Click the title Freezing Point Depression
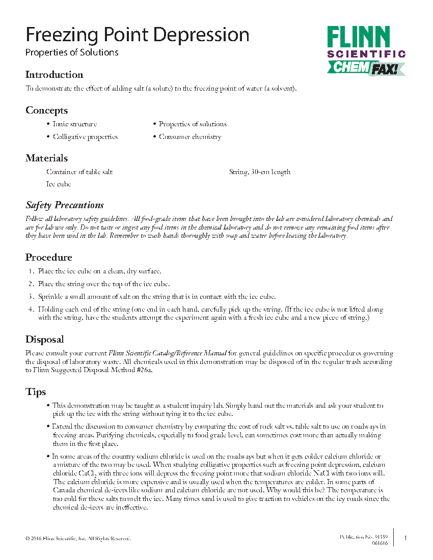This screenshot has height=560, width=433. pos(138,35)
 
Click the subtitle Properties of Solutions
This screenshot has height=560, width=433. pos(72,52)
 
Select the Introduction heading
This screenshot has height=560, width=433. pos(55,75)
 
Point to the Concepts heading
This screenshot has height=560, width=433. pos(47,110)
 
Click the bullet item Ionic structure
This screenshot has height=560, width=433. pos(74,124)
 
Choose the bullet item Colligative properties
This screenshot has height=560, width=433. pos(85,137)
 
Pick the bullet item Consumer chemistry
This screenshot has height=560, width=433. pos(190,137)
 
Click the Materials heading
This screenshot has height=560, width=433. pos(47,158)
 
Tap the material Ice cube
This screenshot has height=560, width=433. pos(59,184)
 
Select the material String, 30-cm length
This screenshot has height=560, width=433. pos(260,172)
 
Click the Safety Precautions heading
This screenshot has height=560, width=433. pos(65,205)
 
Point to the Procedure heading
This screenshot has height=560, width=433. pos(49,258)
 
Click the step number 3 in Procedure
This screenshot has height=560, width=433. pos(31,297)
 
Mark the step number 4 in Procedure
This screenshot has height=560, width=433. pos(31,310)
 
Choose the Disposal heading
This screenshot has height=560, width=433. pos(45,340)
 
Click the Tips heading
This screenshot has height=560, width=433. pos(36,392)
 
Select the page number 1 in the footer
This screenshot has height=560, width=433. pos(405,538)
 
